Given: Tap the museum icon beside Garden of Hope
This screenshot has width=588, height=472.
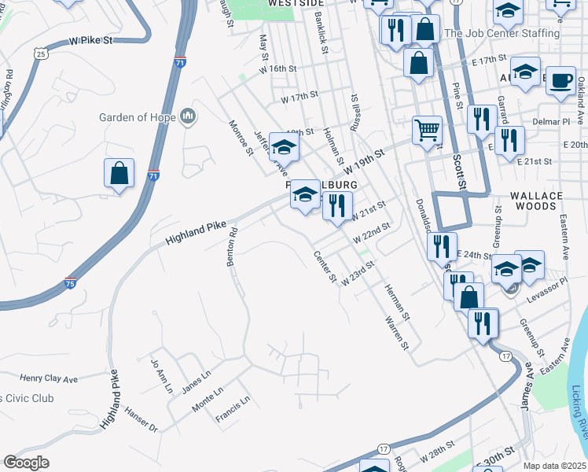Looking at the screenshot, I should click(x=187, y=118).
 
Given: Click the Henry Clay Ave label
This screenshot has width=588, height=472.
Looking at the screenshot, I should click(x=49, y=379).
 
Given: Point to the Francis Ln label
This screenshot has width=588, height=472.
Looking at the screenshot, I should click(x=233, y=409).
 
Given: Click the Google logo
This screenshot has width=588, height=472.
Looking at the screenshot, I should click(x=26, y=463).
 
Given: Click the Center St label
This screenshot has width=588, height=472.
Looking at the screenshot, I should click(x=325, y=267).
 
